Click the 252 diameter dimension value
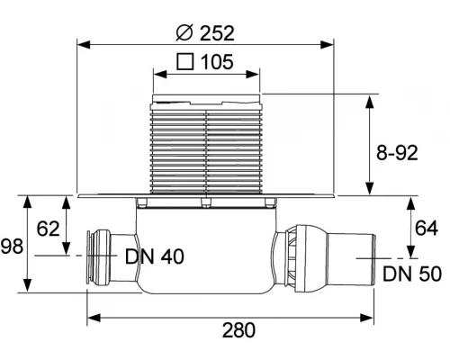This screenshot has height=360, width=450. pos(217,33)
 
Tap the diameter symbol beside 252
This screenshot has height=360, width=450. pos(184,32)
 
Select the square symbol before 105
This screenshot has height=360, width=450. pos(184,61)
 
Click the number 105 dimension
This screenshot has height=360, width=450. pos(217,62)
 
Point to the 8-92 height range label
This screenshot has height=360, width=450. pos(397,153)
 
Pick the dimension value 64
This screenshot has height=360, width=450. pos(427,229)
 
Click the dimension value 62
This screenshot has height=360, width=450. pos(48,229)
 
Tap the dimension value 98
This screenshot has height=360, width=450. pos(12,247)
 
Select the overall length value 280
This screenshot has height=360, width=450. pos(238,330)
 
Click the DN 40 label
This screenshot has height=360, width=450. pos(155,256)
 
